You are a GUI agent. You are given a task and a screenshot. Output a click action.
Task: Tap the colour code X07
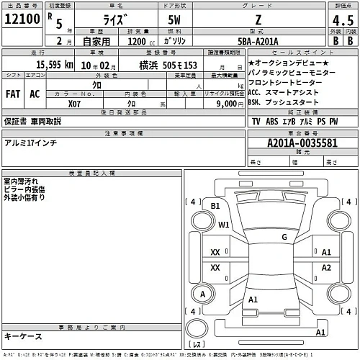point(76,104)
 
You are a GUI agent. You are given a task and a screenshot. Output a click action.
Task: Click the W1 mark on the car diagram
point(225,224)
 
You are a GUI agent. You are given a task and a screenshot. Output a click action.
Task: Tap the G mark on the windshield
point(284,237)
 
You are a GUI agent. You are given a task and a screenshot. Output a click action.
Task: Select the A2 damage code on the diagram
point(326,267)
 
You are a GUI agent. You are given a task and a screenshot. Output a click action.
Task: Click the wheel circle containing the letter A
point(203,294)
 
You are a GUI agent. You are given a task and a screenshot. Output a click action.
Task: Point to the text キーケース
point(23,336)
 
